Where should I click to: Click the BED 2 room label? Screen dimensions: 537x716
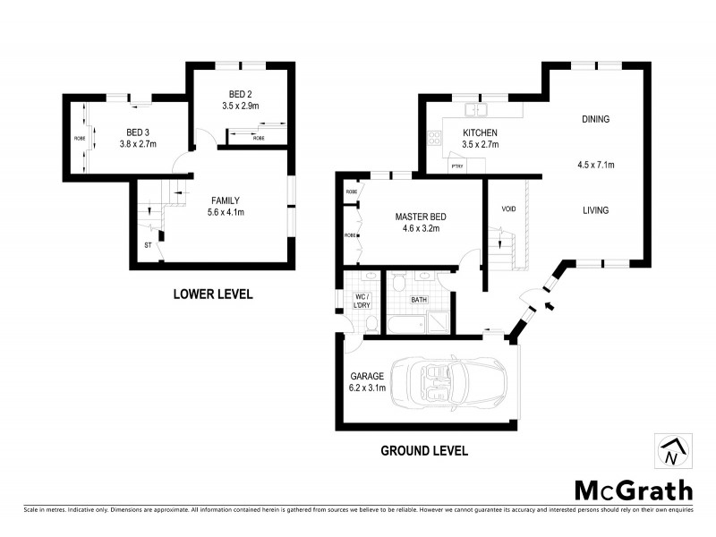coord(240,94)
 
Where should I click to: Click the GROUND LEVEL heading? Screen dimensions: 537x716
coord(423,450)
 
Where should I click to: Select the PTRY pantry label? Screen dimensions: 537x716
coord(456,166)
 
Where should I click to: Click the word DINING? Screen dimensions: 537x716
coord(595,118)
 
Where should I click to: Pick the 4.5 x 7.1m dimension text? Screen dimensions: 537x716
coord(595,165)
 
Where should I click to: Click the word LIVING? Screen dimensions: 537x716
coord(595,210)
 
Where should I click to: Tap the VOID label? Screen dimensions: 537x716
coord(508,209)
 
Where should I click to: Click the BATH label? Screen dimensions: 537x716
coord(419,302)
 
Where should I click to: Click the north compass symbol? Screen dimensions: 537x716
coord(671,452)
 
